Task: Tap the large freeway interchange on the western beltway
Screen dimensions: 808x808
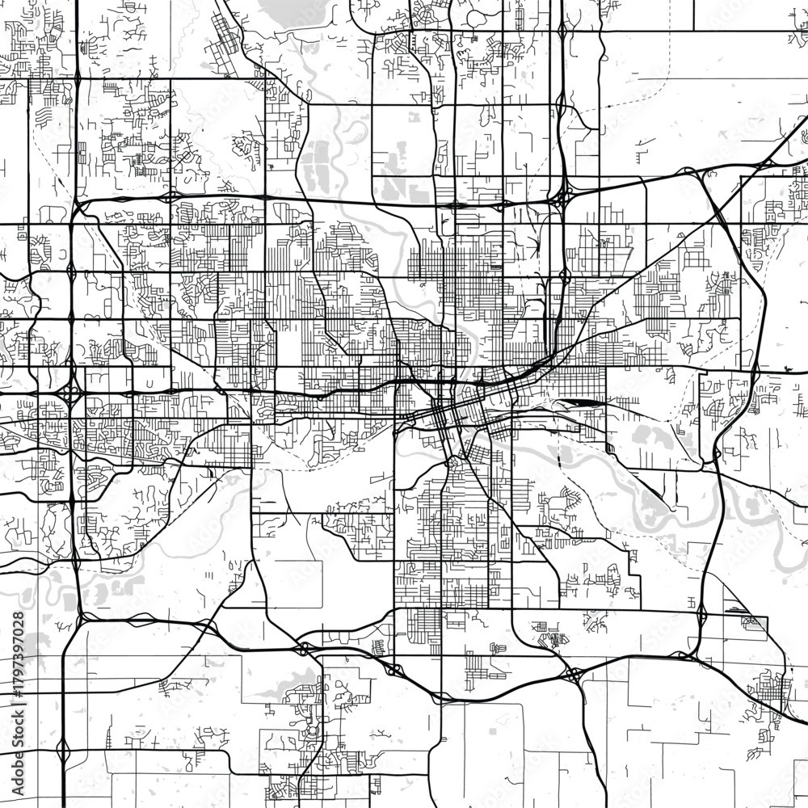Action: pyautogui.click(x=71, y=394)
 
